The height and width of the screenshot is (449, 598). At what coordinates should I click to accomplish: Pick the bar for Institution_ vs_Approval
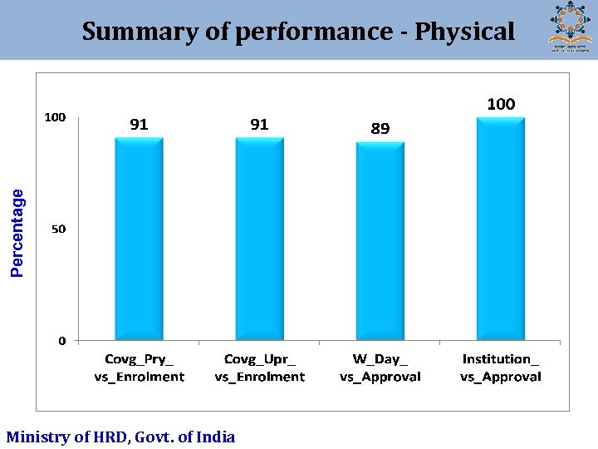[x=501, y=229]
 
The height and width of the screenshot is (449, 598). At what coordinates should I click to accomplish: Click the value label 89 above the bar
[x=380, y=129]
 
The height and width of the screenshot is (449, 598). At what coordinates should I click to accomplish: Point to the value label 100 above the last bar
[x=501, y=104]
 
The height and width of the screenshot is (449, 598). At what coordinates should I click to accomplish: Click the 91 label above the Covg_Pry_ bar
[x=139, y=125]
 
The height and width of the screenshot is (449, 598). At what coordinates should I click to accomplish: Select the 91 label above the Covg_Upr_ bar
[x=259, y=125]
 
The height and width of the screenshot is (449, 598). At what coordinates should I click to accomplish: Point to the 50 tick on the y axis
[x=59, y=229]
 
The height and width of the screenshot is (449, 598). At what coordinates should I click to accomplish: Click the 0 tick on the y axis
[x=62, y=340]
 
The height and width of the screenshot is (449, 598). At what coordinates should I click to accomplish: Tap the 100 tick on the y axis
[x=55, y=117]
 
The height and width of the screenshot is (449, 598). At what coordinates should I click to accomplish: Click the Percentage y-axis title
[x=17, y=232]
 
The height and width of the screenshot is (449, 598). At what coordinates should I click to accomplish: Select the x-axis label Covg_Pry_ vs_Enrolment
[x=139, y=368]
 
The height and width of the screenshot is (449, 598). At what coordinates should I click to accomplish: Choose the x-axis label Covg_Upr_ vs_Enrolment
[x=259, y=368]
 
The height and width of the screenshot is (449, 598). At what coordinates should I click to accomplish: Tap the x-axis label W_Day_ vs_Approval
[x=380, y=368]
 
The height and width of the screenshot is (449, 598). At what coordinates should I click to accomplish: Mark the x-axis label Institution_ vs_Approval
[x=501, y=368]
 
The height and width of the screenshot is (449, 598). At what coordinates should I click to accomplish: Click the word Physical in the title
[x=464, y=32]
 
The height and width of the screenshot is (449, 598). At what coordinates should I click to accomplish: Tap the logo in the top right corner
[x=571, y=27]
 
